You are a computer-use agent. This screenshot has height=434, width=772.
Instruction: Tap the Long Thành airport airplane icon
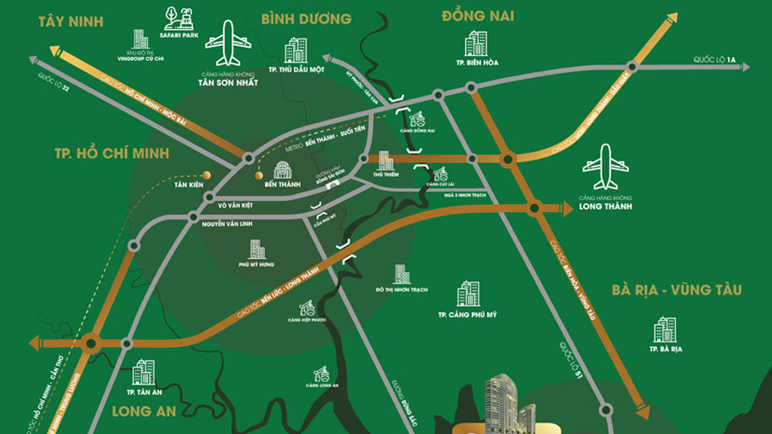click(606, 166)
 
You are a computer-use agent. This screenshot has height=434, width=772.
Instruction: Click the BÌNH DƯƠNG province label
click(306, 18)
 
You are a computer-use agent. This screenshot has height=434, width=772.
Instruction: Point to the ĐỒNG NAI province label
click(478, 16)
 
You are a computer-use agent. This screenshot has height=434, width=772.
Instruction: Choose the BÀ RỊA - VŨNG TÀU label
click(675, 290)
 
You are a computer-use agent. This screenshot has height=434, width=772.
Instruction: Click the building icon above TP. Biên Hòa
click(476, 43)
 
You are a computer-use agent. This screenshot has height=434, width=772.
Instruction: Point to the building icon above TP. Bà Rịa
click(665, 330)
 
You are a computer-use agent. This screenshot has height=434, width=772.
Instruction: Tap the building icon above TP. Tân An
click(144, 372)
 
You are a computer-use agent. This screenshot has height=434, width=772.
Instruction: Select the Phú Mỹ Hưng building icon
click(257, 249)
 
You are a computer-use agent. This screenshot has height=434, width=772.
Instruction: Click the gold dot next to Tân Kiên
click(206, 174)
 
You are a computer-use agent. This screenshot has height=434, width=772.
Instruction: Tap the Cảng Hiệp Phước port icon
click(306, 308)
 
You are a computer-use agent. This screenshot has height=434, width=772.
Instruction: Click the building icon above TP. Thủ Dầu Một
click(296, 50)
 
